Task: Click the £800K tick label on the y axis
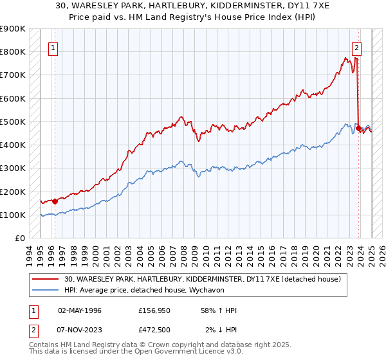pos(13,51)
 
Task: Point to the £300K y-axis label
pos(13,168)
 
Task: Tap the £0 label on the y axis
pos(19,239)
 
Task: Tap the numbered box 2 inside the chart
pos(356,47)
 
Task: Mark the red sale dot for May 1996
pos(55,201)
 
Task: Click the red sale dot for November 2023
pos(358,128)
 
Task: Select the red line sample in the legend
pos(46,278)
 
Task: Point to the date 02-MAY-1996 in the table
pos(80,310)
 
